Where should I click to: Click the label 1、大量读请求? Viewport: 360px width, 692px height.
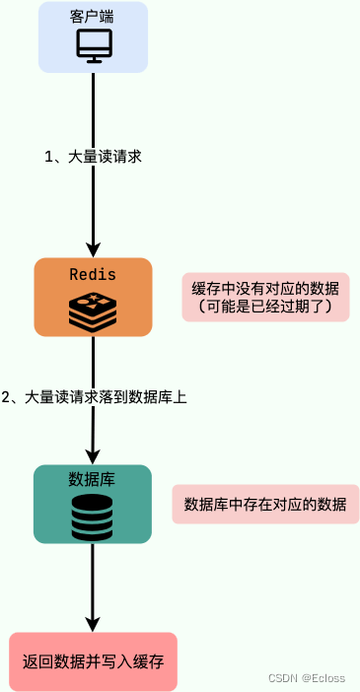94,157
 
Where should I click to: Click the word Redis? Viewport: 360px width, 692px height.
93,274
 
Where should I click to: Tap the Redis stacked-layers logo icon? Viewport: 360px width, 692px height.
93,309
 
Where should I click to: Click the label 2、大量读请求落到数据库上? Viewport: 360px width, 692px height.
95,397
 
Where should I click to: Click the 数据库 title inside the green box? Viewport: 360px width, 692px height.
93,479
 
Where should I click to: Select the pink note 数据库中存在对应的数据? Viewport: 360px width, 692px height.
265,504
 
